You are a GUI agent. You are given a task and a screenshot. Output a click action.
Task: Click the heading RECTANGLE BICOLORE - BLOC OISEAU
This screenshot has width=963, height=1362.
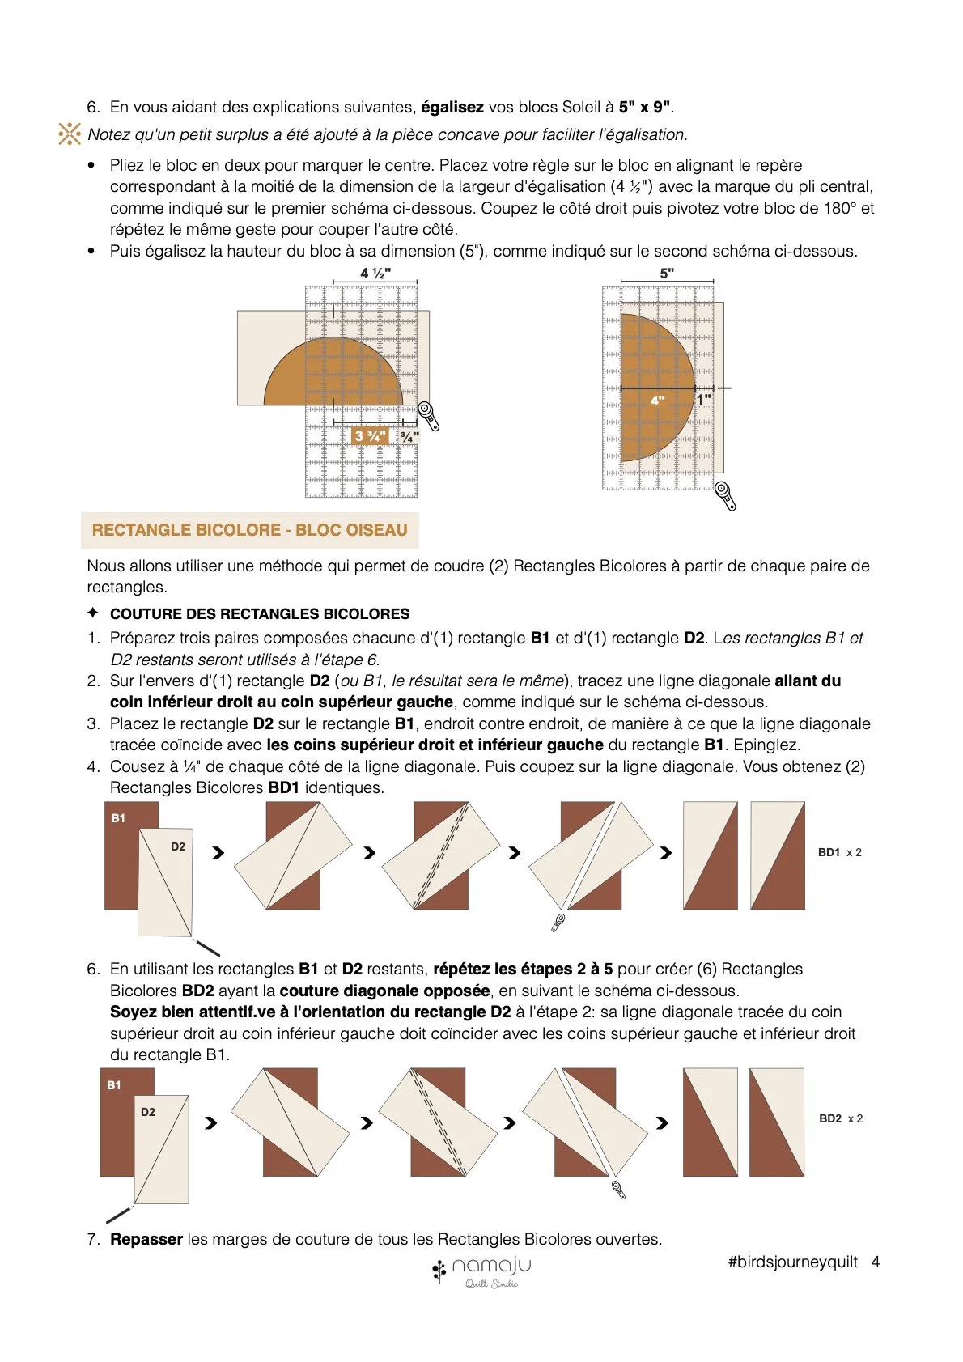(x=249, y=529)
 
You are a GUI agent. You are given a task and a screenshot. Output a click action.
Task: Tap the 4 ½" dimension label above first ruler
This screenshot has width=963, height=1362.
(x=375, y=273)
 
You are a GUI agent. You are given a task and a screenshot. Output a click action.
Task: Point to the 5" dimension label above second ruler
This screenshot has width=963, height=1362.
(x=667, y=274)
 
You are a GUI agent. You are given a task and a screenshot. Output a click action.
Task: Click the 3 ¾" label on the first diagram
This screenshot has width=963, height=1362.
(x=371, y=436)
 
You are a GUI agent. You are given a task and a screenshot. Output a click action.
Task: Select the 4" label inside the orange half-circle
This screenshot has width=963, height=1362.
(x=657, y=401)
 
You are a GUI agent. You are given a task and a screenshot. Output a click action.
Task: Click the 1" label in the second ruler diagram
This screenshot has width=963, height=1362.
(x=704, y=400)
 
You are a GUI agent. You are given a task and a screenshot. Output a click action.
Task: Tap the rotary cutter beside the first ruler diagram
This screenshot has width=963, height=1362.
(x=429, y=416)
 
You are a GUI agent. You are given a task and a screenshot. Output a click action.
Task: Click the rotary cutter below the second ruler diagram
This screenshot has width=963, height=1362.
(x=725, y=495)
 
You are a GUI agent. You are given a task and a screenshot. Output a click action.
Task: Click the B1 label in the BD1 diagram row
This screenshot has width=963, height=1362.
(x=118, y=818)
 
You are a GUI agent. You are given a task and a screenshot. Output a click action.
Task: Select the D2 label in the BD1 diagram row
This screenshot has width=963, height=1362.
(x=177, y=846)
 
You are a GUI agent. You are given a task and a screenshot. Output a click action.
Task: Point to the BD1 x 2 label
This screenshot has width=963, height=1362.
(x=839, y=852)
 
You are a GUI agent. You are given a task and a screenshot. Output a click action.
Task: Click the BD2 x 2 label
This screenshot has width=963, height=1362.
(x=841, y=1118)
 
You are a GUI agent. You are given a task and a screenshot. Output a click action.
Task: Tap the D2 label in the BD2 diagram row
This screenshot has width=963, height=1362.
(x=148, y=1112)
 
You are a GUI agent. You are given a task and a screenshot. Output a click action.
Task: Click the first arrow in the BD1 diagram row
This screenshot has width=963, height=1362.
(x=218, y=853)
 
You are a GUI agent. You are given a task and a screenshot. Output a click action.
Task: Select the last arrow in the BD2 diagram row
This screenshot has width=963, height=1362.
(x=663, y=1123)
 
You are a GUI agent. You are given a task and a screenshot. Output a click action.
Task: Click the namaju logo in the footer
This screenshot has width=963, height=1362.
(x=481, y=1271)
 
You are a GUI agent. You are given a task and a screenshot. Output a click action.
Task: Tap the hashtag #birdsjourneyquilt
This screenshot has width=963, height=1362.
(x=793, y=1262)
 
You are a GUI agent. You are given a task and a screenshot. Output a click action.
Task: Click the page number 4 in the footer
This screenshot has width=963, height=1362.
(x=876, y=1262)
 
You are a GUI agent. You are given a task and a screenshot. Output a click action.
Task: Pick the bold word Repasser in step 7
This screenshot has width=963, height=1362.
(x=146, y=1238)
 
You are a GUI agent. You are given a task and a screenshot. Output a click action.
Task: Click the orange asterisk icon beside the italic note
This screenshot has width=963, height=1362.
(x=70, y=134)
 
